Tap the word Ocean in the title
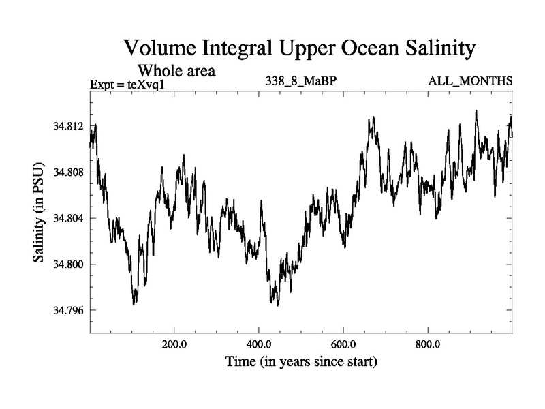[x=362, y=48]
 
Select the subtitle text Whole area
[x=177, y=70]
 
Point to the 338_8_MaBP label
[x=301, y=82]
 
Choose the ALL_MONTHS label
[x=470, y=82]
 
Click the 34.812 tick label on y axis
[x=68, y=126]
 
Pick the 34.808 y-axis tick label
[x=68, y=172]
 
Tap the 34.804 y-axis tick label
[x=68, y=218]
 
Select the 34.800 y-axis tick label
[x=68, y=264]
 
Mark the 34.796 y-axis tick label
[x=68, y=311]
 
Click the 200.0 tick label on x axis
[x=174, y=344]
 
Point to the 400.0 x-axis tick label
[x=259, y=344]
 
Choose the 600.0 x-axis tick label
[x=343, y=344]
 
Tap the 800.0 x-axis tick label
[x=428, y=344]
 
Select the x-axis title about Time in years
[x=301, y=361]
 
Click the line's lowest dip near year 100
[x=134, y=303]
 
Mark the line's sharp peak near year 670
[x=372, y=118]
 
